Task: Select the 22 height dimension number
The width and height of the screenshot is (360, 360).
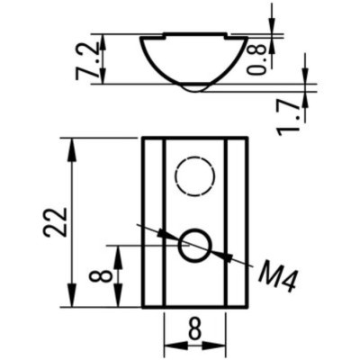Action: pyautogui.click(x=55, y=221)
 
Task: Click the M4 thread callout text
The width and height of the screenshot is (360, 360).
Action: pyautogui.click(x=276, y=275)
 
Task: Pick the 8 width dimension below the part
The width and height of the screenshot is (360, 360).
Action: pyautogui.click(x=194, y=329)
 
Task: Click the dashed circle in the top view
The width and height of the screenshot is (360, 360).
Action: pyautogui.click(x=194, y=175)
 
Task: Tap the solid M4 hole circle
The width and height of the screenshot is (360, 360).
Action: pyautogui.click(x=193, y=245)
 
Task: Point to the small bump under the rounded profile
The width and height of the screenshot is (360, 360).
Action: pyautogui.click(x=193, y=88)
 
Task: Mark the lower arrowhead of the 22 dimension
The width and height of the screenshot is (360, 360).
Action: pyautogui.click(x=69, y=299)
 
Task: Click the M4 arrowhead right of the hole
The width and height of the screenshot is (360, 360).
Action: pyautogui.click(x=222, y=257)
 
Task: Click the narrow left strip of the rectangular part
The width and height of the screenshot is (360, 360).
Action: pyautogui.click(x=153, y=221)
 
